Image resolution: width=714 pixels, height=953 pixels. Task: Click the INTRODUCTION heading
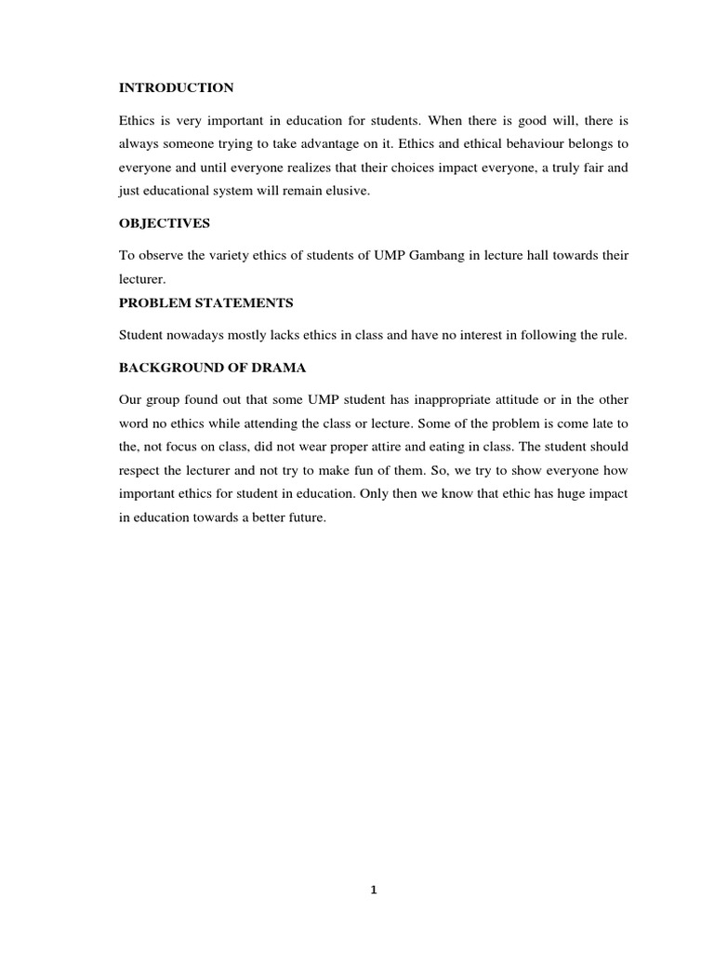click(x=177, y=88)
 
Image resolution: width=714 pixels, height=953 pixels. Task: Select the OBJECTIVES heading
click(x=165, y=223)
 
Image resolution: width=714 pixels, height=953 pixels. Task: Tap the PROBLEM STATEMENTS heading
click(x=206, y=302)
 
